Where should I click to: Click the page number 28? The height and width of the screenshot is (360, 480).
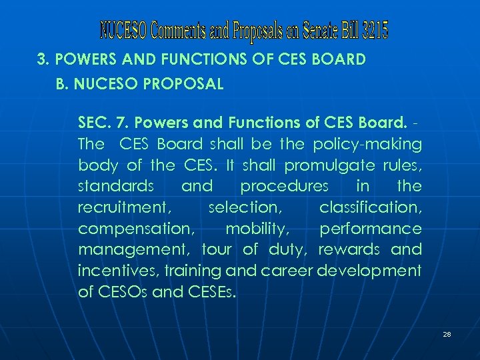[447, 333]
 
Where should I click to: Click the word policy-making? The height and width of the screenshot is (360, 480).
[379, 144]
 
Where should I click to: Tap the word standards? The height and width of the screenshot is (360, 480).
[117, 186]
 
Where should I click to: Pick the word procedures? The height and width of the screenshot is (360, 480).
[285, 186]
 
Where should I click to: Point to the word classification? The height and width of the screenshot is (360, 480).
[370, 207]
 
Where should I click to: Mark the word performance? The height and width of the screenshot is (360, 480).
[371, 229]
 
